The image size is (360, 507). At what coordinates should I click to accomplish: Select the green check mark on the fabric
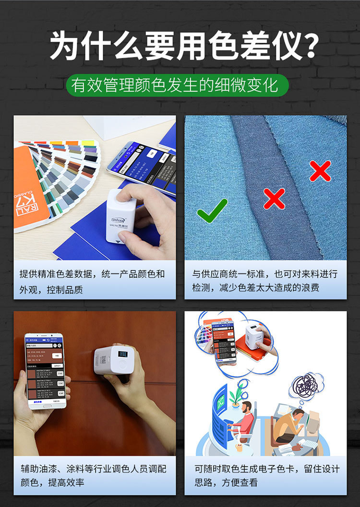tap(212, 210)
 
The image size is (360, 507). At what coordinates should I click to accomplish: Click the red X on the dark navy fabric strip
tap(274, 198)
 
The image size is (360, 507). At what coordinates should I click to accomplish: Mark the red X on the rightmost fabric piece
tap(320, 170)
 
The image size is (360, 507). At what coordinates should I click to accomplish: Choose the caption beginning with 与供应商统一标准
tap(265, 281)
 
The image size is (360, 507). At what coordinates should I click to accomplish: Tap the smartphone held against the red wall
tap(44, 370)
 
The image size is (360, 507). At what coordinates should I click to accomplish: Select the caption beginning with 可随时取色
tap(265, 474)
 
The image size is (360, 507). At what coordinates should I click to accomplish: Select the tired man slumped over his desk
tap(290, 424)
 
